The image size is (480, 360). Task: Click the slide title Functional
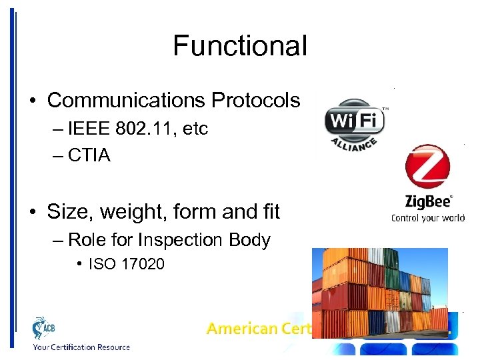(x=240, y=46)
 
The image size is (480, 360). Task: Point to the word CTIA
(x=89, y=155)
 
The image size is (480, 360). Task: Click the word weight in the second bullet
(x=113, y=212)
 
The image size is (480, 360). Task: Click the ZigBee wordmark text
(x=427, y=201)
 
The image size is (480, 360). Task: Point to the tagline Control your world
(x=427, y=217)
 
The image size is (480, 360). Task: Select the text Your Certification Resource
(x=81, y=347)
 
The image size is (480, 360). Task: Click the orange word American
(x=241, y=328)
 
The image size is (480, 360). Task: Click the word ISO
(x=99, y=264)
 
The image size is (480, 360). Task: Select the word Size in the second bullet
(x=65, y=212)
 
